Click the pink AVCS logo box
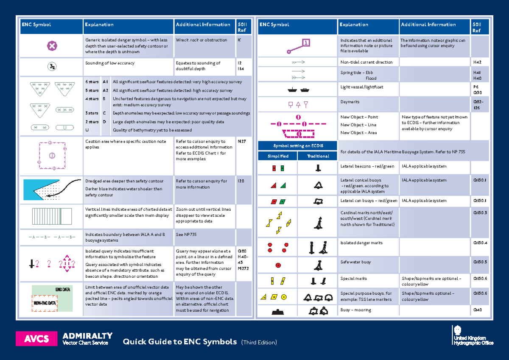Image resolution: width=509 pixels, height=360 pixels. point(36,339)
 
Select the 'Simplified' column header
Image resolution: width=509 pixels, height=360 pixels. point(278,156)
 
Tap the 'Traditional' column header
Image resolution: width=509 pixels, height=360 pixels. point(318,156)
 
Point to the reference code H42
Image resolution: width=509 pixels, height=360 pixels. point(477,62)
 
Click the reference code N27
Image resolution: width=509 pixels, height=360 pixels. point(242,142)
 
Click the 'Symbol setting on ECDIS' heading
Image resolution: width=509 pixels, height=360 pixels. point(298,146)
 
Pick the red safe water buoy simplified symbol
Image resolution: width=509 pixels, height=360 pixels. point(278,265)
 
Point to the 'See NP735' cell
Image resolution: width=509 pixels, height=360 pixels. point(186,234)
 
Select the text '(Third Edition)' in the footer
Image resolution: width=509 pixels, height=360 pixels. point(259,342)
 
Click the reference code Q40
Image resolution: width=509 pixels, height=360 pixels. point(477,310)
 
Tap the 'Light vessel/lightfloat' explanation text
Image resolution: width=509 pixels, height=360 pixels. point(361,87)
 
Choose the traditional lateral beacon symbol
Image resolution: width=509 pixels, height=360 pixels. point(318,168)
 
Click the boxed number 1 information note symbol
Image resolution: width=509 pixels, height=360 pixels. point(306,42)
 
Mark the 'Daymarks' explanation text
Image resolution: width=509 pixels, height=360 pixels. point(350,102)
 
